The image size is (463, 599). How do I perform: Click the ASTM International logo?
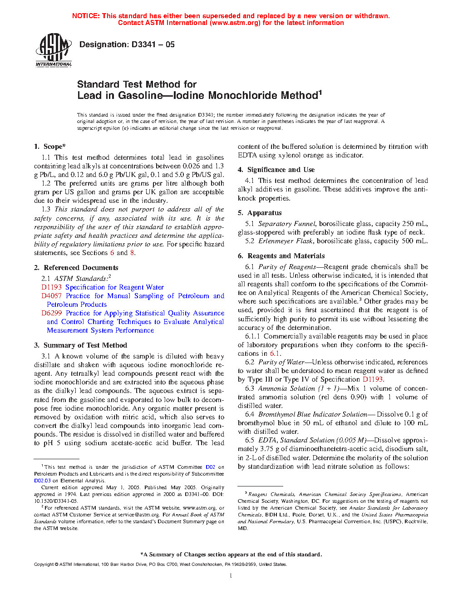click(54, 51)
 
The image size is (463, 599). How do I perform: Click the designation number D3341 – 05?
click(153, 44)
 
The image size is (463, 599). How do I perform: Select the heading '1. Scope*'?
click(50, 147)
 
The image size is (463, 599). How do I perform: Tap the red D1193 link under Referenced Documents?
click(51, 287)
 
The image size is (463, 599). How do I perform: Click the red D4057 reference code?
click(51, 296)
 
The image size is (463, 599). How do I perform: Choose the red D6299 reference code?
click(52, 313)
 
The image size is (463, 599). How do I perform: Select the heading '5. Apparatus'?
click(260, 213)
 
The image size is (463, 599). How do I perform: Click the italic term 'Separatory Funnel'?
click(286, 224)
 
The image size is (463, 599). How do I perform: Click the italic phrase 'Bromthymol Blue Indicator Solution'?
click(312, 414)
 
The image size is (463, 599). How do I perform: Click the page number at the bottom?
click(231, 576)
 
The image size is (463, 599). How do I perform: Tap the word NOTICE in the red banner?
click(86, 16)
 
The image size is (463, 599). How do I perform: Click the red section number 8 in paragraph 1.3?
click(132, 253)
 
